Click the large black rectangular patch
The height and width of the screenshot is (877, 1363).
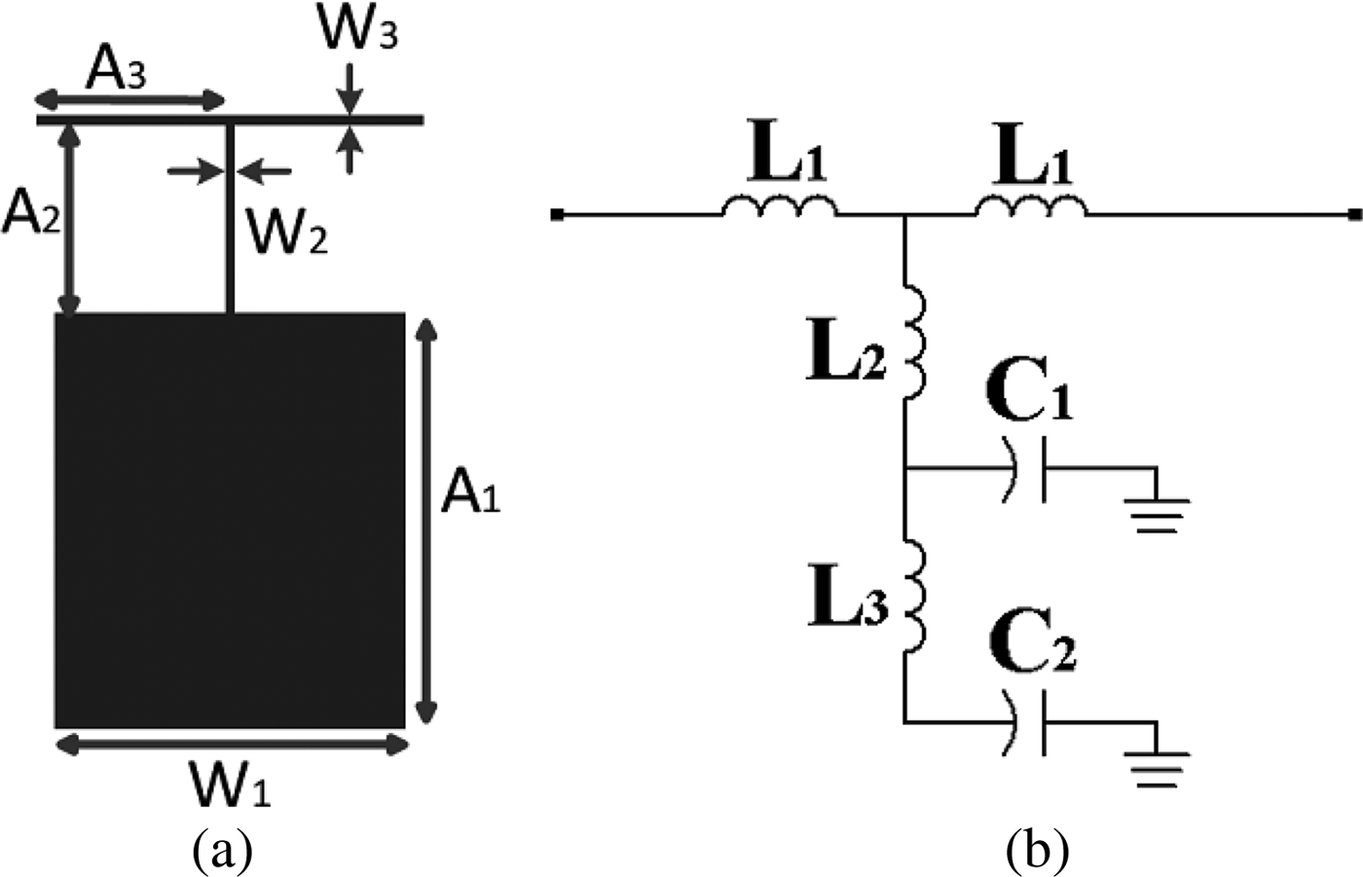click(x=230, y=520)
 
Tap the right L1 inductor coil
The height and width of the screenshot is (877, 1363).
click(x=1032, y=206)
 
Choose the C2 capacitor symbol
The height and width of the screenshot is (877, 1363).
click(x=1030, y=722)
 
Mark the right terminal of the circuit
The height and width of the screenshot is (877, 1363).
click(x=1354, y=214)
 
